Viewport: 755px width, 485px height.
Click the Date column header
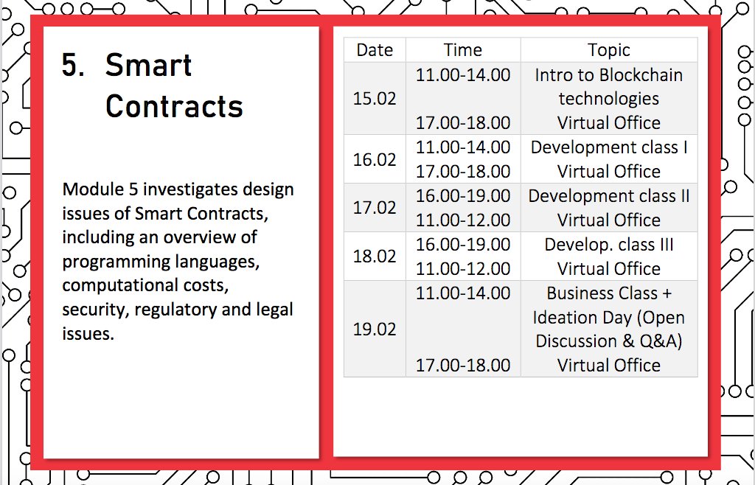(375, 50)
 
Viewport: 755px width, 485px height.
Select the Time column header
(463, 50)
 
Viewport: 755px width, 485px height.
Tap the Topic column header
(609, 50)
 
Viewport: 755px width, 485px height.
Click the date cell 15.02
(375, 99)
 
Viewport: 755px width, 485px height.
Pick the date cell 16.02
(375, 159)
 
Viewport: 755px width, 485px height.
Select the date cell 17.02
(375, 208)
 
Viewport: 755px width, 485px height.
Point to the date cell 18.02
(375, 257)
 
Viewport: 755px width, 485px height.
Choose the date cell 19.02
(375, 329)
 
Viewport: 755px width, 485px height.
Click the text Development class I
(609, 147)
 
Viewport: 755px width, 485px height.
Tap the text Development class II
(609, 196)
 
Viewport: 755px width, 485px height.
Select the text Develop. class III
(609, 245)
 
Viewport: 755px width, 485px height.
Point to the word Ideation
(568, 318)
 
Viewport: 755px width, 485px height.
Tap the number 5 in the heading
(72, 66)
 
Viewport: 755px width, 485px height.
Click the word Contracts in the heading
(174, 107)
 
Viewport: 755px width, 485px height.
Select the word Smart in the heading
(148, 66)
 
